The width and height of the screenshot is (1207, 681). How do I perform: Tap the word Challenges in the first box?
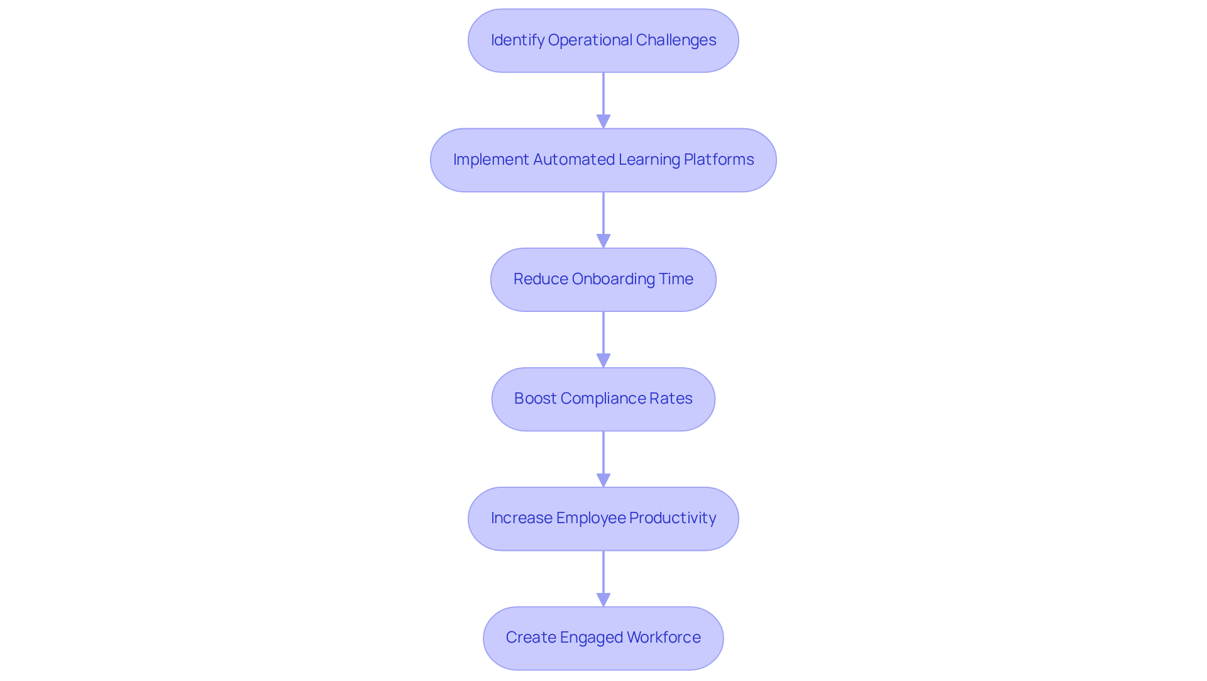676,40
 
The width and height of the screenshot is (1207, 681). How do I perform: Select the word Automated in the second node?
574,160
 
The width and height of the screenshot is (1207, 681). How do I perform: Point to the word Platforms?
719,160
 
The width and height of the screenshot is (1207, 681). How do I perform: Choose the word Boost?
535,399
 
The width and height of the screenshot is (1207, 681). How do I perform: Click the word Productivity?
672,518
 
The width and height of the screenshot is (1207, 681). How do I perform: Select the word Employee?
590,518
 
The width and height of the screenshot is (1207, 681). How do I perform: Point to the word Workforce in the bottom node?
663,638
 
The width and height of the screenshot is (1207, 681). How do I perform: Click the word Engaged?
590,638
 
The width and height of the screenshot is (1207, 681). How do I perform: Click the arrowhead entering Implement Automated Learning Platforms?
603,122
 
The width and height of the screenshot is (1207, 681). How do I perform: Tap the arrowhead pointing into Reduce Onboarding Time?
603,241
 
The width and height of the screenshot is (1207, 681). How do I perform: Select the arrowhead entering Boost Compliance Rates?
603,361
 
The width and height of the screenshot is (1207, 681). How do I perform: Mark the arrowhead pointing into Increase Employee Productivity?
603,480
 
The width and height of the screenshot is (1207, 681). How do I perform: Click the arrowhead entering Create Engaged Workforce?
603,600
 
